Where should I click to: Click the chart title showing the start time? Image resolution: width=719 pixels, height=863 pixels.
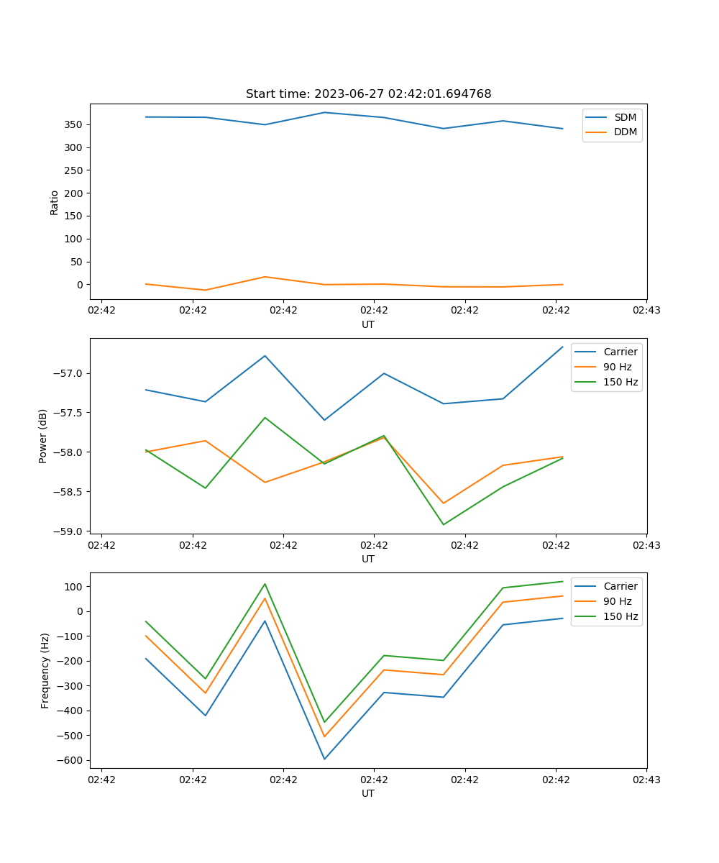[x=368, y=93]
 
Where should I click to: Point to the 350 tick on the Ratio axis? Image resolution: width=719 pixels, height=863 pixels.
[x=73, y=125]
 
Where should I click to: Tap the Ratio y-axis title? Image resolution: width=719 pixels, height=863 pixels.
[x=54, y=203]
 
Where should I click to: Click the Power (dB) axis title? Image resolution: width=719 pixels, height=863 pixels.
[x=42, y=436]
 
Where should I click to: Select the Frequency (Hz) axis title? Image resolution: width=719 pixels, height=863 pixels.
[x=45, y=671]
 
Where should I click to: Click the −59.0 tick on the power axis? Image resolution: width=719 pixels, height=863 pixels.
[x=68, y=531]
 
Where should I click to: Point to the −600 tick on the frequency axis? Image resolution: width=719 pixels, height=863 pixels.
[x=70, y=760]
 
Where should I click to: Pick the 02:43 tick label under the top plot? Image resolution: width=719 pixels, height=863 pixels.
[x=646, y=310]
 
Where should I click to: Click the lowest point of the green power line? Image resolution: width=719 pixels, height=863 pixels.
[x=444, y=524]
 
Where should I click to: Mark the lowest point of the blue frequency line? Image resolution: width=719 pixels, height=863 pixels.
[x=324, y=759]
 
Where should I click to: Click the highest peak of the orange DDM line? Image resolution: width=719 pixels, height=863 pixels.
[x=265, y=276]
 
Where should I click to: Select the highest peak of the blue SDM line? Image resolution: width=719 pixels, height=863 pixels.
[x=324, y=112]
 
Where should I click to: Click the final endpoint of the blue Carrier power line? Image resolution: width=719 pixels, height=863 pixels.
[x=562, y=347]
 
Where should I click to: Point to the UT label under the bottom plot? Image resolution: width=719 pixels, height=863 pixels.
[x=367, y=793]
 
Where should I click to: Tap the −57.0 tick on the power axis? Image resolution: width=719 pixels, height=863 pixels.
[x=68, y=374]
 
